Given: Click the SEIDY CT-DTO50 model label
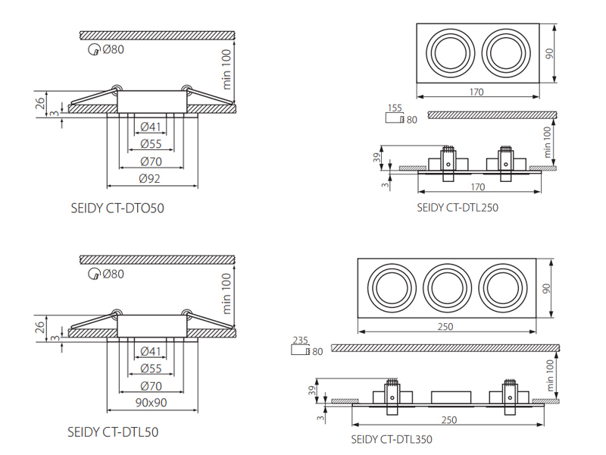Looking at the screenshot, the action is click(117, 208).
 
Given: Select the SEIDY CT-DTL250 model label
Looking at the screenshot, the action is click(458, 207).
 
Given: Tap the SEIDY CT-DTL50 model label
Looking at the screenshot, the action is click(113, 432).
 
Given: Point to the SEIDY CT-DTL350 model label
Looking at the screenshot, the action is click(392, 439).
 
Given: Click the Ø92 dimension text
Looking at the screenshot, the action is click(150, 178).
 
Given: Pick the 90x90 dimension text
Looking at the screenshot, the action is click(151, 403).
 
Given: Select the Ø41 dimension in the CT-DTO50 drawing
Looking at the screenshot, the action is click(150, 127).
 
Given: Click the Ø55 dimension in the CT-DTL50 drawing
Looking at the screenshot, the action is click(151, 369).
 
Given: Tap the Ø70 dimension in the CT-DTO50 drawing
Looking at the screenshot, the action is click(151, 161).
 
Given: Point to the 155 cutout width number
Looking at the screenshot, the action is click(395, 108).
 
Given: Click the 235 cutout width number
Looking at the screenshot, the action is click(300, 340).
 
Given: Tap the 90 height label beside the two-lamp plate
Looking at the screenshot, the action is click(548, 54).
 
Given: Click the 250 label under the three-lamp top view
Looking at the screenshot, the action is click(445, 327).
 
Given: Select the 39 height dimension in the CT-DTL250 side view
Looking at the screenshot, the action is click(376, 158).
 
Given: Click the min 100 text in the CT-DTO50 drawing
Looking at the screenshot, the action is click(226, 69).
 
